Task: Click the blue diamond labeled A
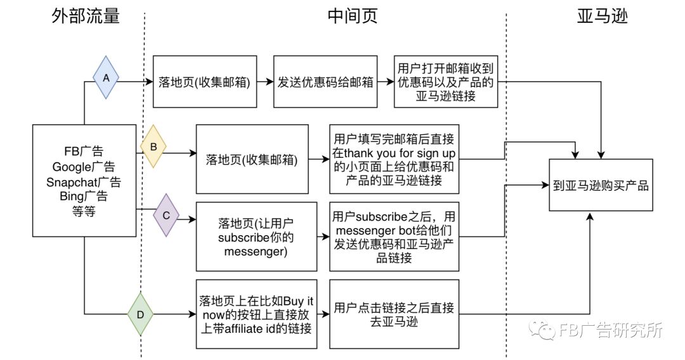(106, 77)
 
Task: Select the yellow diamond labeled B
(153, 146)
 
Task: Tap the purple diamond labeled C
(166, 215)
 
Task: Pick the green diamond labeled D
(141, 314)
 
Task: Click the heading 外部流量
(86, 16)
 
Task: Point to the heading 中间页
(353, 16)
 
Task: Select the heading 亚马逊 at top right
(602, 16)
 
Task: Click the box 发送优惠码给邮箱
(326, 82)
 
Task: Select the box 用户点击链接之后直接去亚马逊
(394, 314)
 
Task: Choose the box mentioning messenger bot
(394, 237)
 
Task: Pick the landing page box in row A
(205, 82)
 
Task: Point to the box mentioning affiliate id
(256, 314)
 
